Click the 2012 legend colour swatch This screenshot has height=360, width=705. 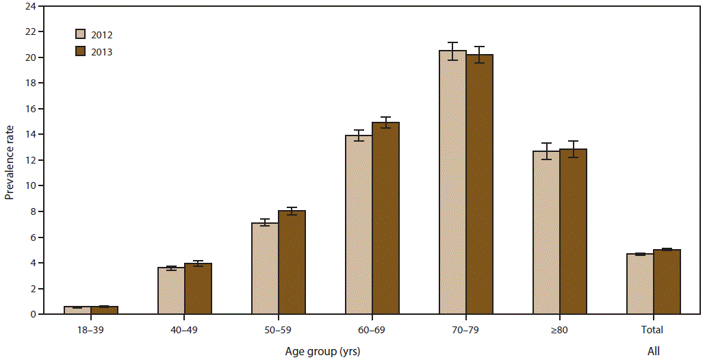[x=80, y=34]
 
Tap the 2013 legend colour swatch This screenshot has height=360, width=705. [x=80, y=51]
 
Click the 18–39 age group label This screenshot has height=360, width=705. [x=91, y=331]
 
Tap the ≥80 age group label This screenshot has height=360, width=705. [x=560, y=331]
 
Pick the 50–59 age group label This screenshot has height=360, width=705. [x=279, y=331]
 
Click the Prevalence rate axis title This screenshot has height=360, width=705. [x=10, y=161]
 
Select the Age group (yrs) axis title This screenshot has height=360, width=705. [x=322, y=351]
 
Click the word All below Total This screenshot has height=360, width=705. [x=654, y=351]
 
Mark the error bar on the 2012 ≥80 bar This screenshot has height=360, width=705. [x=546, y=151]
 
